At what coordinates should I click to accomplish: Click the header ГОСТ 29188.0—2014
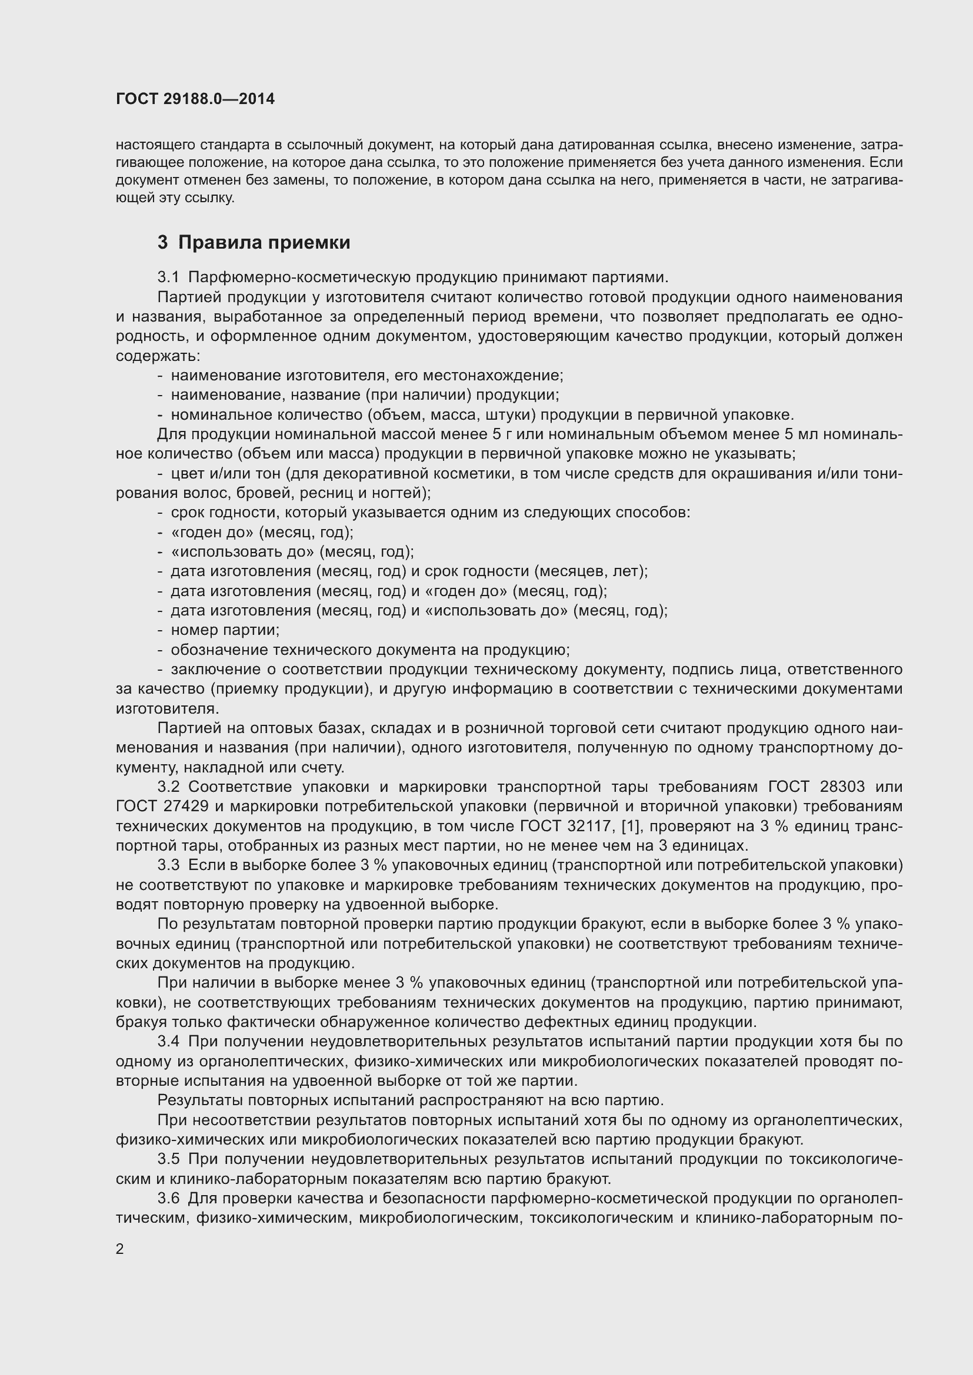tap(195, 99)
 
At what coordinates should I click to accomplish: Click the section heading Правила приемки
tap(264, 243)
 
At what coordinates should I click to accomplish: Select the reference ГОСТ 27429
tap(162, 807)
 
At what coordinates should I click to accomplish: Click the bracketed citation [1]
tap(630, 827)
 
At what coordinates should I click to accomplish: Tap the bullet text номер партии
tap(225, 630)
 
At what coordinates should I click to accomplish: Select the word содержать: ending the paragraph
tap(158, 356)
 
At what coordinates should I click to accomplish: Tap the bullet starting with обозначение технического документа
tap(369, 650)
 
